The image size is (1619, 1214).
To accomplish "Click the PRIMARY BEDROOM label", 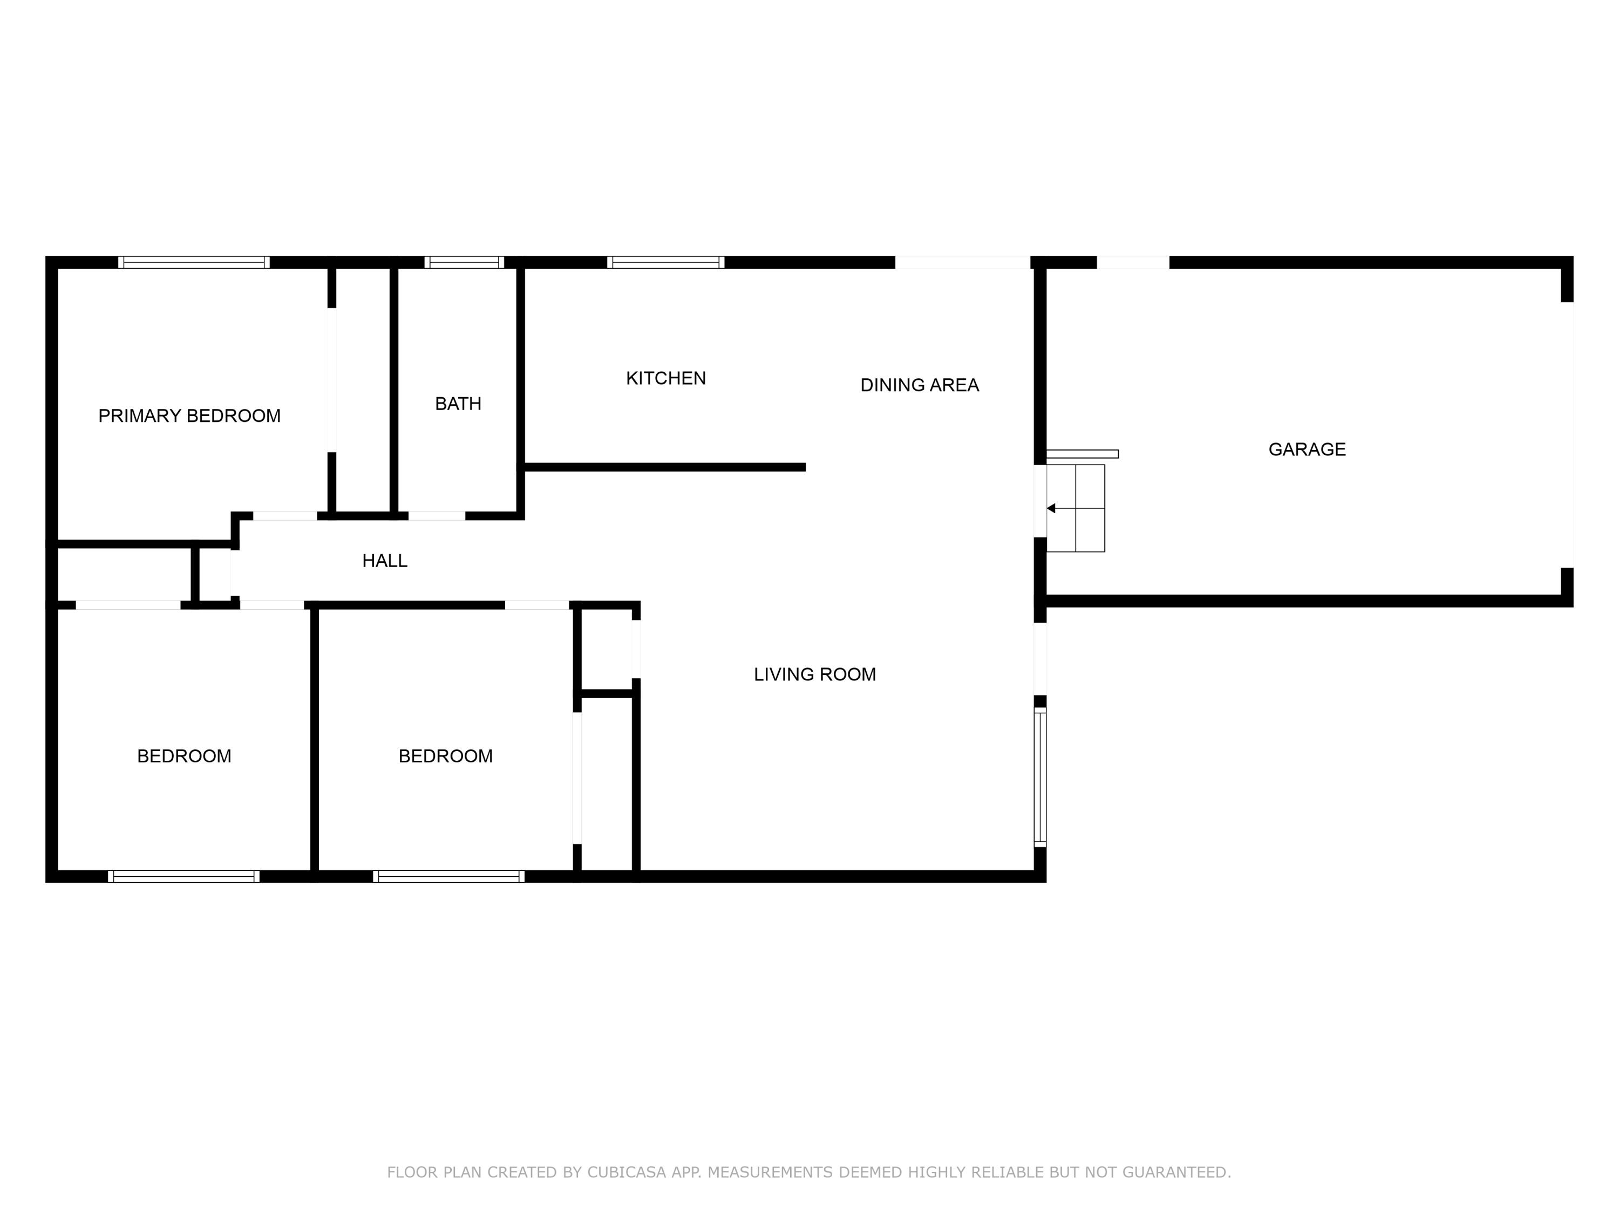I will [189, 415].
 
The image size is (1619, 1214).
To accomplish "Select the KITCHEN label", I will [666, 378].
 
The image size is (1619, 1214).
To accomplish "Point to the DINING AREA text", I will [919, 385].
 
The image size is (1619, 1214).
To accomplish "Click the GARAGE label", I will [1307, 449].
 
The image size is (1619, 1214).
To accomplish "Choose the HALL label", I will [385, 561].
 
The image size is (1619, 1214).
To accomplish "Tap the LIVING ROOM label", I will [814, 674].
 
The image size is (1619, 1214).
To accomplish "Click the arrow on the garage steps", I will [1051, 508].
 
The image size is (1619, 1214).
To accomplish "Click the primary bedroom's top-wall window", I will [194, 262].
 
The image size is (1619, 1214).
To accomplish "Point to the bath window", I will [464, 262].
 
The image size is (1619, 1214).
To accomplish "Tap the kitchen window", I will [665, 262].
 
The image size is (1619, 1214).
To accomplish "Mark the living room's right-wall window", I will [1040, 776].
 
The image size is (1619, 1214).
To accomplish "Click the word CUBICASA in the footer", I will [627, 1172].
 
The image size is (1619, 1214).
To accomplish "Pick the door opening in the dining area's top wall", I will [962, 262].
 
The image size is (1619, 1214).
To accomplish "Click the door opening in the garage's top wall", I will [1132, 262].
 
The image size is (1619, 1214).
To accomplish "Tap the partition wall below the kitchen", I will [664, 467].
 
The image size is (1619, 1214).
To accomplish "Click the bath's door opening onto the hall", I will [436, 516].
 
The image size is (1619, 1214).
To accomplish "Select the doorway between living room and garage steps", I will [1040, 501].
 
